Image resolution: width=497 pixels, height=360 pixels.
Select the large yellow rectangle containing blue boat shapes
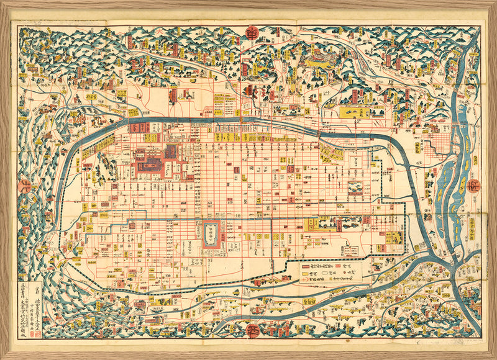pos(355,113)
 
